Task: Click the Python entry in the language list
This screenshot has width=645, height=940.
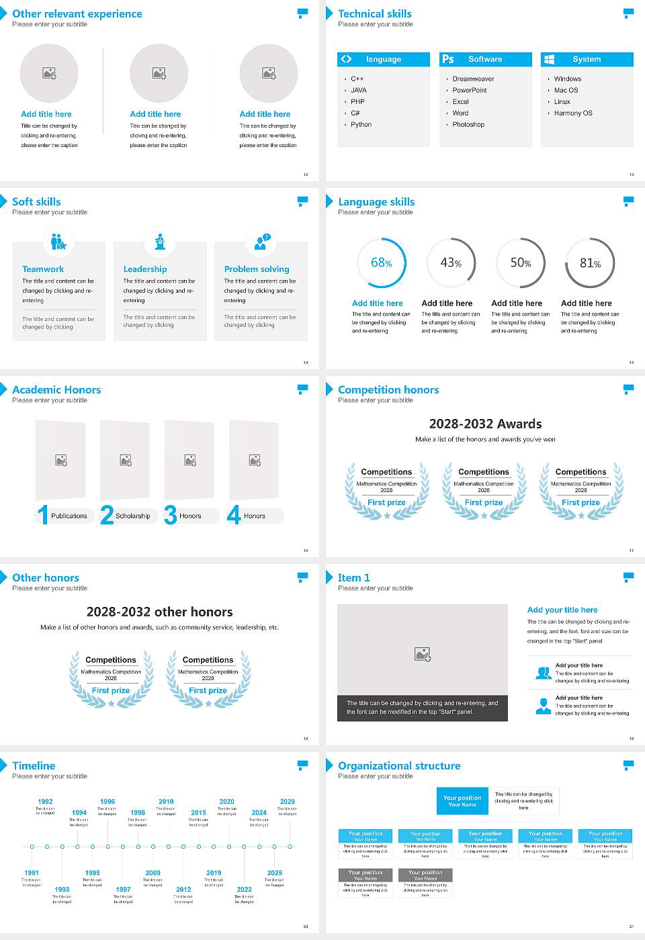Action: tap(361, 125)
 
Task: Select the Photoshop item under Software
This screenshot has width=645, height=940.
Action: tap(468, 125)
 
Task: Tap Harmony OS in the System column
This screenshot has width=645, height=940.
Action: tap(573, 113)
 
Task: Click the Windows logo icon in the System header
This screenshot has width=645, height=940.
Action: tap(549, 60)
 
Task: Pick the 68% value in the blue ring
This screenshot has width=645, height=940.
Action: tap(381, 263)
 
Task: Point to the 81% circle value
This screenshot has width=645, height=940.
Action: tap(590, 263)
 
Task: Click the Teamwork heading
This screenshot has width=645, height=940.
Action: tap(43, 269)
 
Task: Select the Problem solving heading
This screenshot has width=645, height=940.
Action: tap(257, 269)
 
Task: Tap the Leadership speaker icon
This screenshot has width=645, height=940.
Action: tap(160, 241)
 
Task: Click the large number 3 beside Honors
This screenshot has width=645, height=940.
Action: tap(171, 515)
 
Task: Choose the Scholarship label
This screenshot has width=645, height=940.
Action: tap(132, 516)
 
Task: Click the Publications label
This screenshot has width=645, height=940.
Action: tap(69, 516)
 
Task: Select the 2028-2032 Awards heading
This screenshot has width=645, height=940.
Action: tap(485, 424)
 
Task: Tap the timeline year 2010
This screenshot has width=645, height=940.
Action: tap(166, 802)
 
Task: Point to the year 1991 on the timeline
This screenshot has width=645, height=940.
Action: tap(32, 873)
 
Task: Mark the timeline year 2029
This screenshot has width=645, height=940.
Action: tap(287, 802)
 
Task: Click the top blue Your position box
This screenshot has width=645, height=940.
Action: tap(462, 801)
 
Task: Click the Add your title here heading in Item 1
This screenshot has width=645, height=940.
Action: tap(562, 610)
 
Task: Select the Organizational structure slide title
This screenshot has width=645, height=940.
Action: tap(399, 766)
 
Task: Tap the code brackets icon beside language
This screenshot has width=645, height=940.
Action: tap(346, 59)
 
